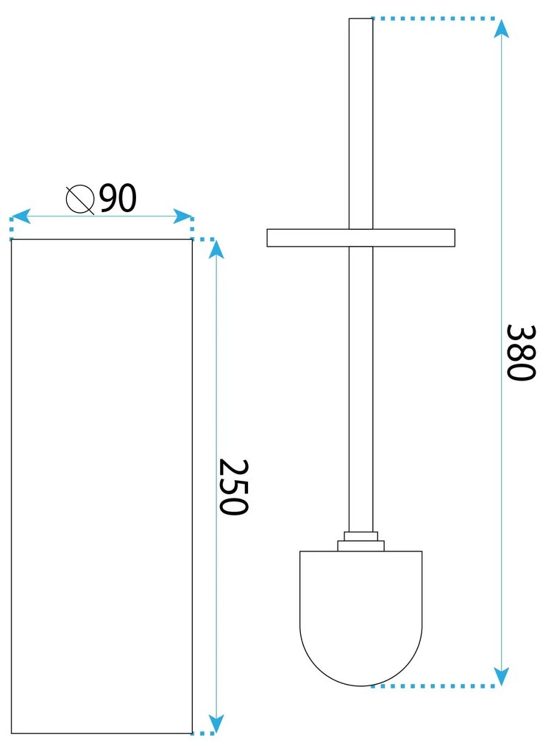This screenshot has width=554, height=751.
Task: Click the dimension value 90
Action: coord(118,199)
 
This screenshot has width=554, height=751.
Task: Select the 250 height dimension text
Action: coord(235,487)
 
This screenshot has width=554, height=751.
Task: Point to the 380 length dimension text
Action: coord(519,352)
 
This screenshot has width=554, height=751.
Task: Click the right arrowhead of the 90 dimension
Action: coord(183,216)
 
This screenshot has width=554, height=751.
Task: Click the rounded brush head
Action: coord(361,618)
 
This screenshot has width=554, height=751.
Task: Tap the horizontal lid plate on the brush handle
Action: coord(361,238)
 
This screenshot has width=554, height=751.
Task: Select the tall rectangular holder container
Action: coord(102,486)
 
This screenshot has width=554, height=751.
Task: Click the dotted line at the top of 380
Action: coord(434,18)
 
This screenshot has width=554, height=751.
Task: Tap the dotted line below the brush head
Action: coord(434,685)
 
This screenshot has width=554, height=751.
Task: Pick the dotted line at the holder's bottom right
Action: coord(203,733)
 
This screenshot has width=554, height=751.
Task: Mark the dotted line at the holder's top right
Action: coord(204,239)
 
